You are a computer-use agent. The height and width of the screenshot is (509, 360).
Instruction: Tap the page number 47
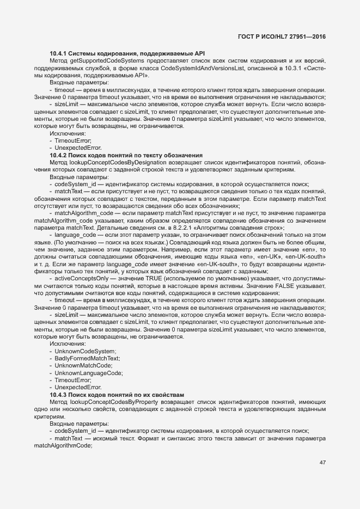point(322,463)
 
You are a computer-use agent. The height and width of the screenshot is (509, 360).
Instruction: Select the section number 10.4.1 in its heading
point(58,53)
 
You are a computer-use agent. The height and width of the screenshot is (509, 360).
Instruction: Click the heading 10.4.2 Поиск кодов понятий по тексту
point(126,155)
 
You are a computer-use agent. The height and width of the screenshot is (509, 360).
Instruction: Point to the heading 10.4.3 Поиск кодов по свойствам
point(117,394)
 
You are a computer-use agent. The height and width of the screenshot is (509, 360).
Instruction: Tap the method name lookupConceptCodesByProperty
point(113,401)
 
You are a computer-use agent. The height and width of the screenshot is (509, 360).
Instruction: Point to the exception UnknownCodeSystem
point(78,351)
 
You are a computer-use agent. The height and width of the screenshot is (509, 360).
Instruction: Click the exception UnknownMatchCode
point(80,365)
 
